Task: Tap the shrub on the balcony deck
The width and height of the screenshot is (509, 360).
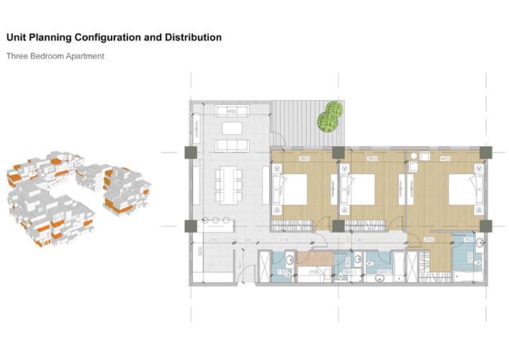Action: pos(330,117)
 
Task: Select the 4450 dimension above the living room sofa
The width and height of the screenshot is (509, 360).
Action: pos(230,112)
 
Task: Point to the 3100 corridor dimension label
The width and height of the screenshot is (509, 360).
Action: pos(284,239)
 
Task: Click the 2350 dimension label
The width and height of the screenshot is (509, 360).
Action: pos(213,239)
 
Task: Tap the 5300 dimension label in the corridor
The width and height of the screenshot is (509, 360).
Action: pos(359,239)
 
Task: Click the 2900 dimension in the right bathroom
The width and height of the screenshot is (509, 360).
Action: pos(469,256)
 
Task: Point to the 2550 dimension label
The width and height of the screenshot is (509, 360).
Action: pos(429,239)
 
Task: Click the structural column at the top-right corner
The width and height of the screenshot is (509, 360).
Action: pos(486,152)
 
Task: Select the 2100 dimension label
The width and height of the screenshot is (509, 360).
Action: pos(314,272)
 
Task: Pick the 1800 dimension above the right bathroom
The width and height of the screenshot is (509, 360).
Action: pos(469,239)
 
